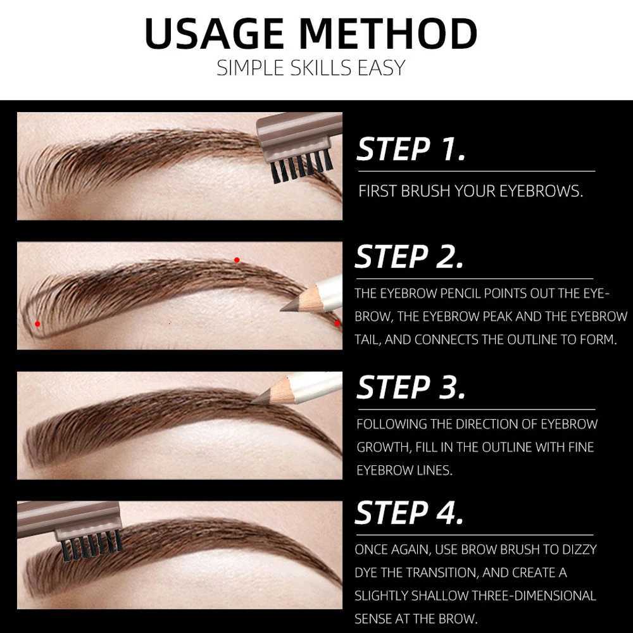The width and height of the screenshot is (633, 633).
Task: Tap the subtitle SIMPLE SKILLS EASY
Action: [310, 68]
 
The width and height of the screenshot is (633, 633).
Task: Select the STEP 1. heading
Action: [411, 149]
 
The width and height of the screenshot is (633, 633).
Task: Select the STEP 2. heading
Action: [410, 257]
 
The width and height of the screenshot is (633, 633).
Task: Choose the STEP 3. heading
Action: [411, 387]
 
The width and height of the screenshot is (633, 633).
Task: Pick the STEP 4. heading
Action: [410, 513]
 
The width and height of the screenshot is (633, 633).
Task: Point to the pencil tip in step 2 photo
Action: [284, 308]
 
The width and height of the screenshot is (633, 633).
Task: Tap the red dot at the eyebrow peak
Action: [237, 260]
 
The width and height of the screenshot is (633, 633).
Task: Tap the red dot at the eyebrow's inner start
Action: [37, 323]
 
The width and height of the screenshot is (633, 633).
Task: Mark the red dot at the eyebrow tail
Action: [337, 323]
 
